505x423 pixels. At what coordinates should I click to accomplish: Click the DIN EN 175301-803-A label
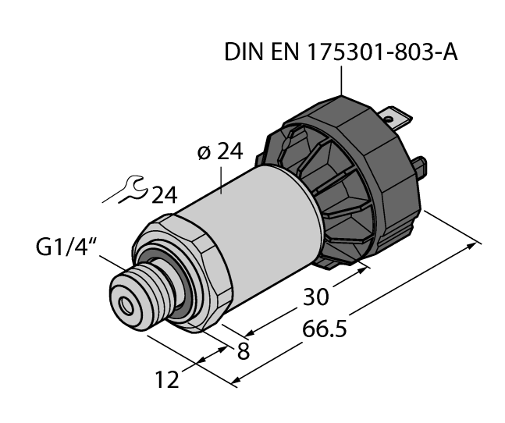pyautogui.click(x=341, y=52)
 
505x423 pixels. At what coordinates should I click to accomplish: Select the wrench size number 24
pyautogui.click(x=164, y=195)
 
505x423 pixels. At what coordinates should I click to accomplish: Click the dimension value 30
pyautogui.click(x=316, y=297)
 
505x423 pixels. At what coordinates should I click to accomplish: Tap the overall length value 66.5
pyautogui.click(x=325, y=329)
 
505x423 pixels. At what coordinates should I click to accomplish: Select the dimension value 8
pyautogui.click(x=244, y=351)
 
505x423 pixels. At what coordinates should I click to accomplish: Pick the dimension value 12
pyautogui.click(x=167, y=379)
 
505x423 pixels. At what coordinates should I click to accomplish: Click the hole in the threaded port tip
pyautogui.click(x=126, y=304)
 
